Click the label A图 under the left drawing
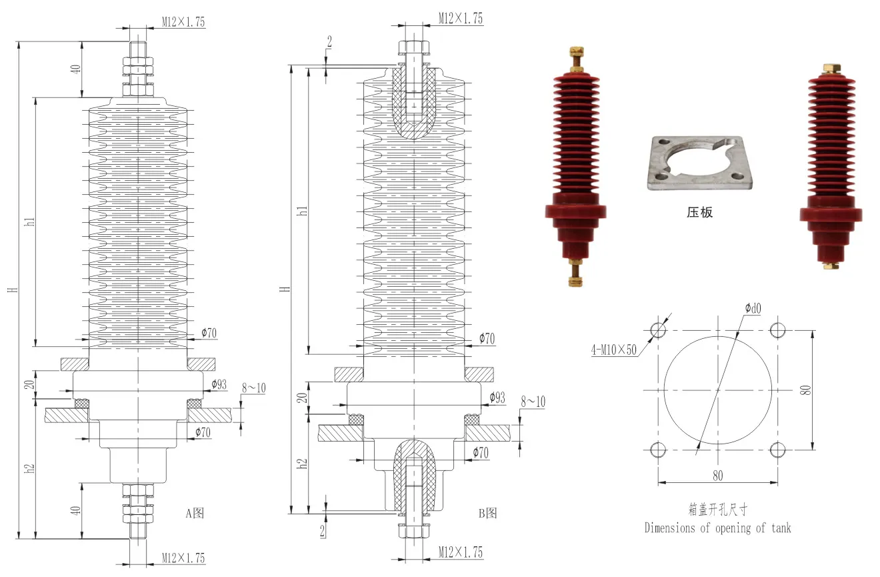click(x=194, y=513)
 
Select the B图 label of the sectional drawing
click(x=487, y=513)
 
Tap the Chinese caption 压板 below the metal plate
click(x=699, y=213)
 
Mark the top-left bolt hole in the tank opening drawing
click(x=658, y=330)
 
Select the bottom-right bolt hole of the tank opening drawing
click(x=778, y=449)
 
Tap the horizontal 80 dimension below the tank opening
click(x=718, y=476)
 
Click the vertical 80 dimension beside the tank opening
click(x=806, y=390)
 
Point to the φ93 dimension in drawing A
click(x=219, y=384)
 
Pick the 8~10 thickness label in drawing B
click(x=533, y=401)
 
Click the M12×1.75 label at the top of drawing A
click(x=183, y=21)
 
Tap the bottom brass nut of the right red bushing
click(x=831, y=265)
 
